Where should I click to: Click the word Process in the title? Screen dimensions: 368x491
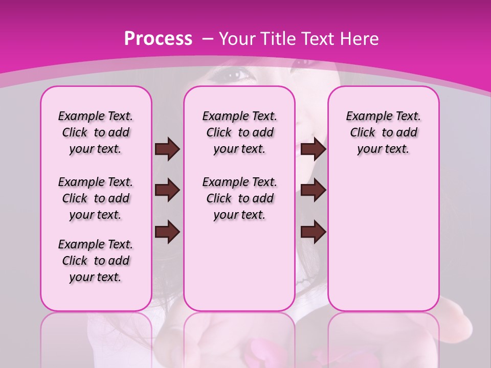(x=158, y=39)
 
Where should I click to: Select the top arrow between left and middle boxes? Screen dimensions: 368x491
(x=167, y=149)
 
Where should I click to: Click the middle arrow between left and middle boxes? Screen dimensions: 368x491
(x=167, y=190)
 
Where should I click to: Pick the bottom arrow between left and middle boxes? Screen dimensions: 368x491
(x=167, y=232)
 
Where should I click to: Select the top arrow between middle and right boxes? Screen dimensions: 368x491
(x=313, y=149)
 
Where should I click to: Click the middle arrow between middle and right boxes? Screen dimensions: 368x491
(x=313, y=190)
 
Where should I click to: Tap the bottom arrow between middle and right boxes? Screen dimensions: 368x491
(x=313, y=232)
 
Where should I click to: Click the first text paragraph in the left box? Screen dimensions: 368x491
(x=96, y=132)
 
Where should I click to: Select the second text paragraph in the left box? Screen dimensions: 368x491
(x=96, y=198)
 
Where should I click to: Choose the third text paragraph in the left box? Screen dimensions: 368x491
(x=96, y=261)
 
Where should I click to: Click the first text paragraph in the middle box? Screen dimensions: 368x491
(x=239, y=132)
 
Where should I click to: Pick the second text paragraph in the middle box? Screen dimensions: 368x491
(x=239, y=198)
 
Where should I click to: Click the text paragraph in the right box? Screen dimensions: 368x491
(x=383, y=132)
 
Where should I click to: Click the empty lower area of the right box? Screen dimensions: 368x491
(x=383, y=240)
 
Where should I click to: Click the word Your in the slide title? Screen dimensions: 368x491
(x=237, y=39)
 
